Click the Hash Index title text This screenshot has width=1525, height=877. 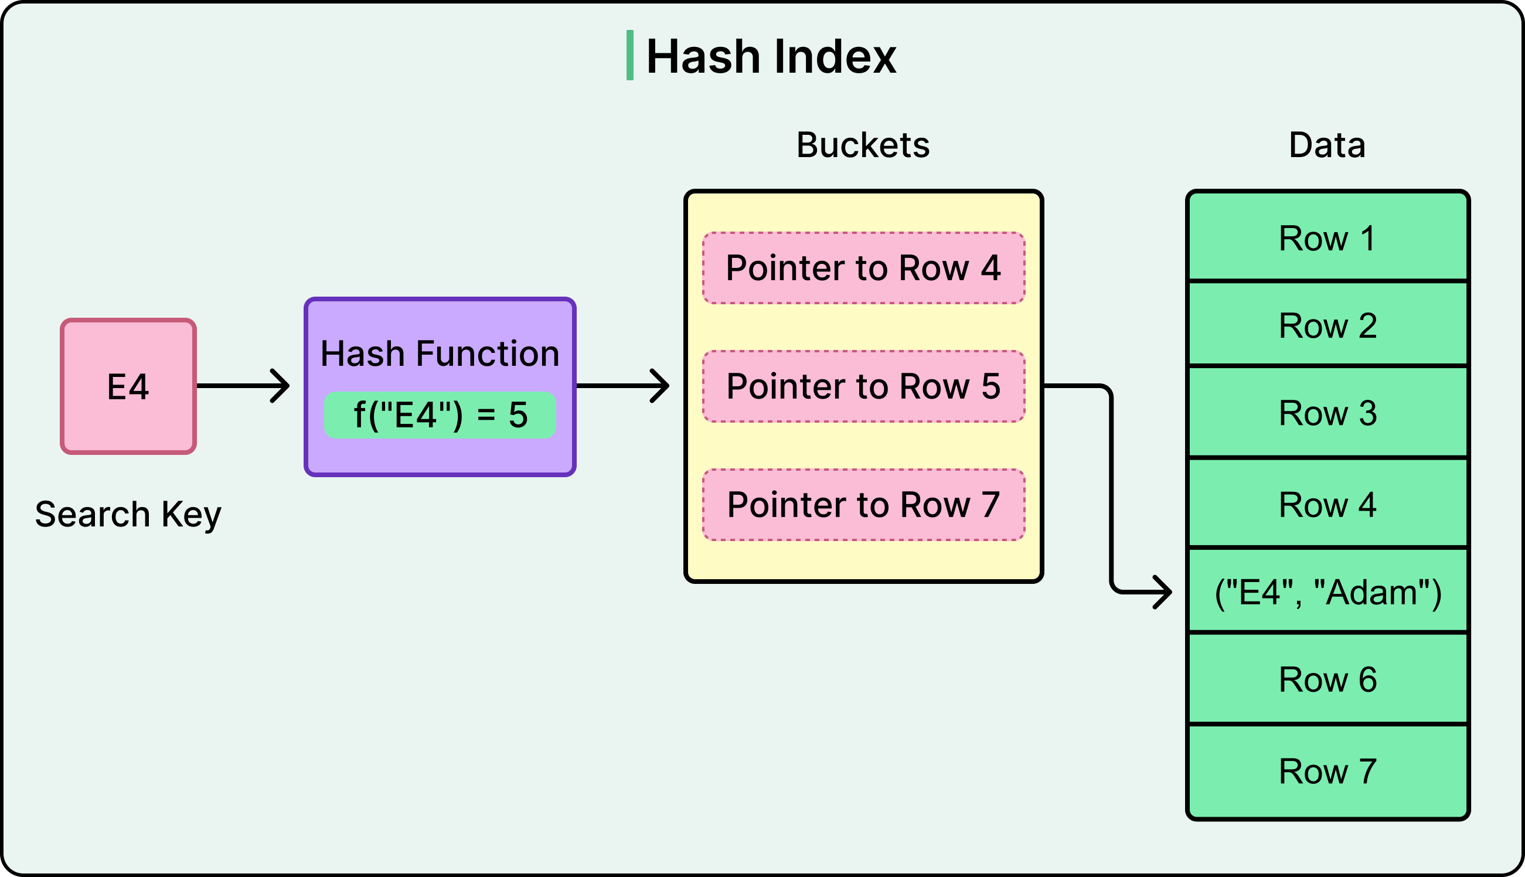[771, 57]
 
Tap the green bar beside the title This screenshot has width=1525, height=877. [629, 55]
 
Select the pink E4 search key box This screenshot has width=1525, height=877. [128, 386]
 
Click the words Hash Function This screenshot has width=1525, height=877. [440, 353]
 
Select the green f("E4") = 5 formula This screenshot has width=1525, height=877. [440, 415]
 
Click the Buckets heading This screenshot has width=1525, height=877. [863, 145]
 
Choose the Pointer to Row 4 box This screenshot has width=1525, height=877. [863, 268]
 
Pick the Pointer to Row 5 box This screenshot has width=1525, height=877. [863, 386]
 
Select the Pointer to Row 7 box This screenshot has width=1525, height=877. [863, 505]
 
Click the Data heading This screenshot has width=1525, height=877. [1327, 145]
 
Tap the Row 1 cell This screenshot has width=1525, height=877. [1327, 239]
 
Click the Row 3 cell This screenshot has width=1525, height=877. [1327, 413]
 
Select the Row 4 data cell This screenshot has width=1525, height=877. [1327, 505]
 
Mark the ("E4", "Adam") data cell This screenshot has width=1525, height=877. [1327, 593]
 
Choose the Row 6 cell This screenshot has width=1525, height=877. [1327, 680]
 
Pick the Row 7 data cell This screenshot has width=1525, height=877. [1327, 771]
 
